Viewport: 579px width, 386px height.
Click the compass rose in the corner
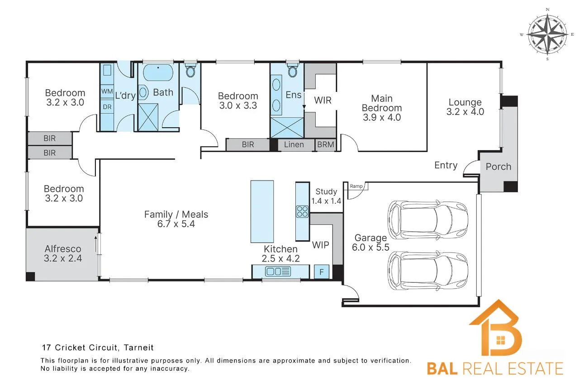[x=547, y=34]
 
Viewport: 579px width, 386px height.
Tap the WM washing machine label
[x=107, y=91]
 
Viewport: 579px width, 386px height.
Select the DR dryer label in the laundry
[x=107, y=107]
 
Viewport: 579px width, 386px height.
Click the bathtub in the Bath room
[x=158, y=72]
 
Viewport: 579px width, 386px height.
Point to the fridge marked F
[x=322, y=272]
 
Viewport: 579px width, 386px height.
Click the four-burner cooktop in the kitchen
[x=302, y=211]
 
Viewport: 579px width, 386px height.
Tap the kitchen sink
[x=278, y=272]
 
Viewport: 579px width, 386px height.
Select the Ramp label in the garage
[x=356, y=186]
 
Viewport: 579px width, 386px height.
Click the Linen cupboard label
[x=294, y=144]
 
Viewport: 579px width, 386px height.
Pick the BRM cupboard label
[x=325, y=144]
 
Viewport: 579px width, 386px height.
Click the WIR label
[x=323, y=100]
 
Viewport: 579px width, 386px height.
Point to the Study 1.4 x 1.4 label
[x=326, y=196]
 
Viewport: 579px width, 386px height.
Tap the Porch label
[x=498, y=167]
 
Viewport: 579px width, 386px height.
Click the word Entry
[x=446, y=165]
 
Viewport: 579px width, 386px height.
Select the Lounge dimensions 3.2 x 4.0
[x=465, y=112]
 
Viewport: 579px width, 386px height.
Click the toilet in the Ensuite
[x=293, y=70]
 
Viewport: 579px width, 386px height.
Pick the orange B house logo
[x=495, y=328]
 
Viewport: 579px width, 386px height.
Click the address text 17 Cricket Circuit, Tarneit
[x=98, y=348]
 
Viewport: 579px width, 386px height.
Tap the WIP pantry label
[x=321, y=245]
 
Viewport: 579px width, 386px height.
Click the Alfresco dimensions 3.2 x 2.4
[x=63, y=258]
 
